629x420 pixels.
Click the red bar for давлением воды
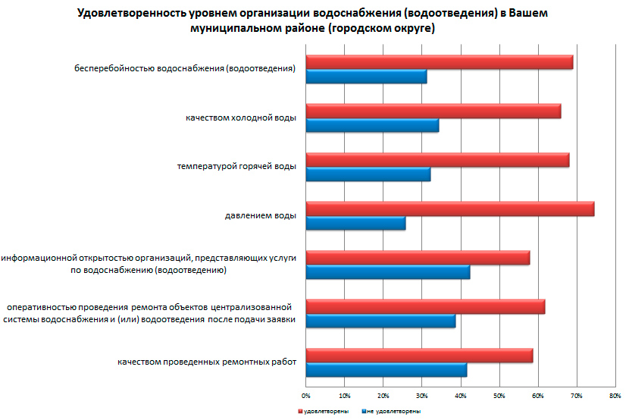[x=449, y=209]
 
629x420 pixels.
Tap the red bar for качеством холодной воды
[x=433, y=111]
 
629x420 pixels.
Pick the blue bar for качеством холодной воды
[x=371, y=126]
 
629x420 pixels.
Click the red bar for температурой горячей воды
[x=437, y=160]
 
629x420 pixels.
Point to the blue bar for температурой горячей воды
[x=368, y=174]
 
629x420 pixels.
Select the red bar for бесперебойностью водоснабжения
[x=439, y=62]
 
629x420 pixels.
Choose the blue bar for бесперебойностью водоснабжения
[x=365, y=77]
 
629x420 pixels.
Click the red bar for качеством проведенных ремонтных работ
[x=419, y=356]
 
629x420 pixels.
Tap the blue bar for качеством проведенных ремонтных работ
[x=386, y=370]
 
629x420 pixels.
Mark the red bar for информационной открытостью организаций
[x=418, y=258]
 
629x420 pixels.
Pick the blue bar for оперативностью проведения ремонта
[x=380, y=321]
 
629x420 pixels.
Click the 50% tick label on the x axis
[x=499, y=396]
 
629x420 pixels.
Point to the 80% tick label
[x=615, y=396]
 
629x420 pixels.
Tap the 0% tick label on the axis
[x=305, y=396]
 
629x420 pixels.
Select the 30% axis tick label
[x=421, y=396]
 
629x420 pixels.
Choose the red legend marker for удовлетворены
[x=299, y=411]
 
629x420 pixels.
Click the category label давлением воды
[x=260, y=216]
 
